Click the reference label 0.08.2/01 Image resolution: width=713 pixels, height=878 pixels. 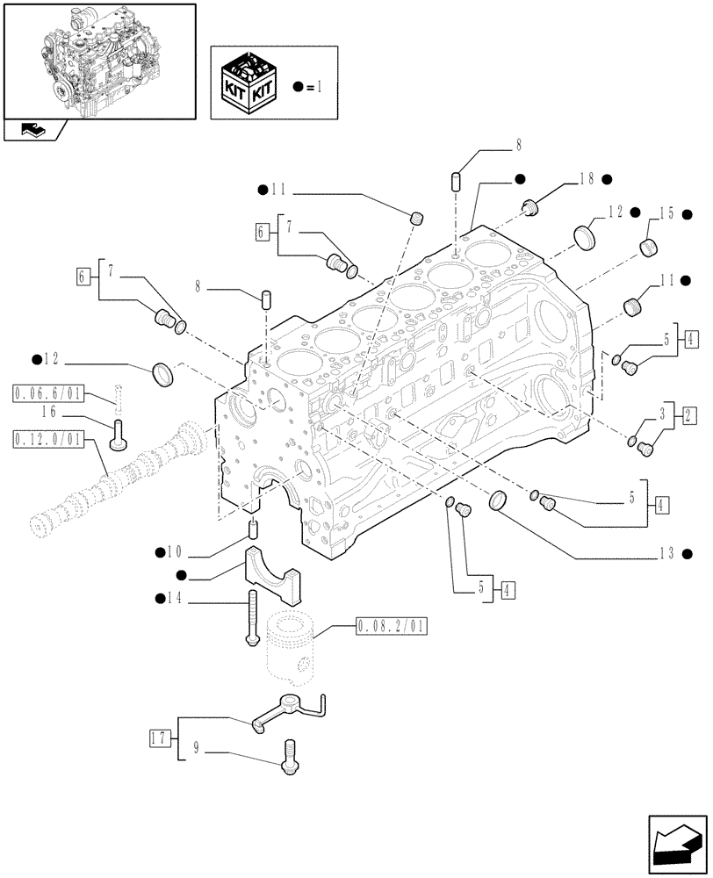[x=391, y=627]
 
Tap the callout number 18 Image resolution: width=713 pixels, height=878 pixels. [x=587, y=178]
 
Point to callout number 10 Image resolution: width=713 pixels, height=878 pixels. [x=174, y=552]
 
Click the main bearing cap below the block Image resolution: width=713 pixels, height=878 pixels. [x=270, y=575]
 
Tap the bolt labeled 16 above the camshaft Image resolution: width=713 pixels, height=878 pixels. [x=116, y=435]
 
